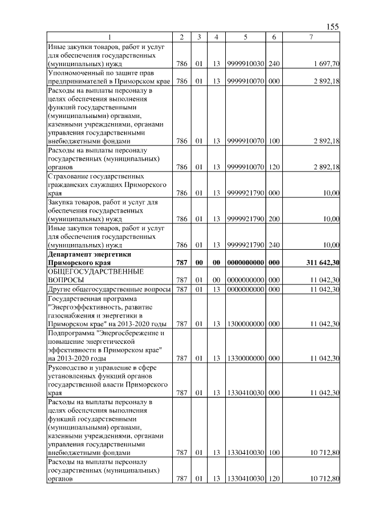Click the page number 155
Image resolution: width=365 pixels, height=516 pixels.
pyautogui.click(x=332, y=27)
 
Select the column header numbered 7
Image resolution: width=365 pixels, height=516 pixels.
pyautogui.click(x=311, y=37)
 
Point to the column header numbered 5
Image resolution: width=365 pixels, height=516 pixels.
pyautogui.click(x=245, y=37)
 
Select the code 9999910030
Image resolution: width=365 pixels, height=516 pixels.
pyautogui.click(x=245, y=64)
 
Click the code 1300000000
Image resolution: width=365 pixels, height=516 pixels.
pyautogui.click(x=245, y=324)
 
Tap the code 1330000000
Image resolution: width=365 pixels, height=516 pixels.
pyautogui.click(x=245, y=358)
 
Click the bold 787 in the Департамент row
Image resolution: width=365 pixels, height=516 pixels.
pyautogui.click(x=182, y=262)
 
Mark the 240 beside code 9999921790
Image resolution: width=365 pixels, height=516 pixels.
pyautogui.click(x=274, y=245)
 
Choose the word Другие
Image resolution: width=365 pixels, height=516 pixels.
pyautogui.click(x=60, y=290)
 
